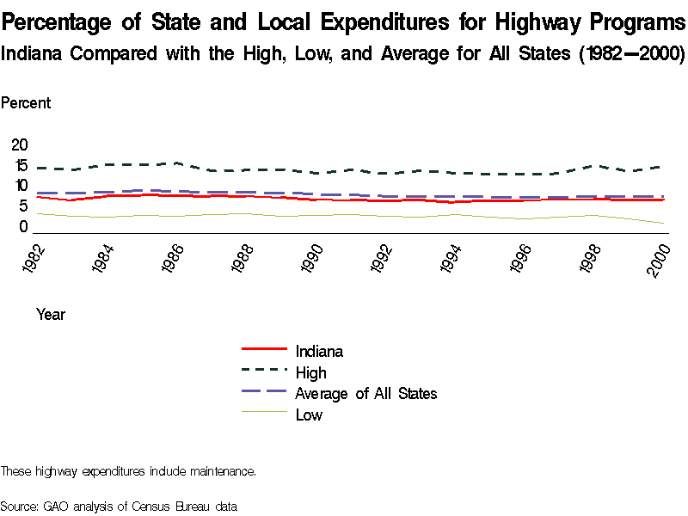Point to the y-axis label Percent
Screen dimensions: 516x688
(x=26, y=103)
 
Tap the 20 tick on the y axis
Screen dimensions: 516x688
(x=19, y=144)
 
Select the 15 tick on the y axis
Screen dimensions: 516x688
(x=19, y=165)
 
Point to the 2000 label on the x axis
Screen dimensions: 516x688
(x=660, y=256)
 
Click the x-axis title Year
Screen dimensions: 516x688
(x=51, y=315)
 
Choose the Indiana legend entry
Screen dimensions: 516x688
(x=319, y=351)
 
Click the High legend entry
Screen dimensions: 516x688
(x=310, y=372)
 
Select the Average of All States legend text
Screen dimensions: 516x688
(x=366, y=394)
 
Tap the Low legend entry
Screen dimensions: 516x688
(x=309, y=415)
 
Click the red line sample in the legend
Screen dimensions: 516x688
(x=263, y=349)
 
